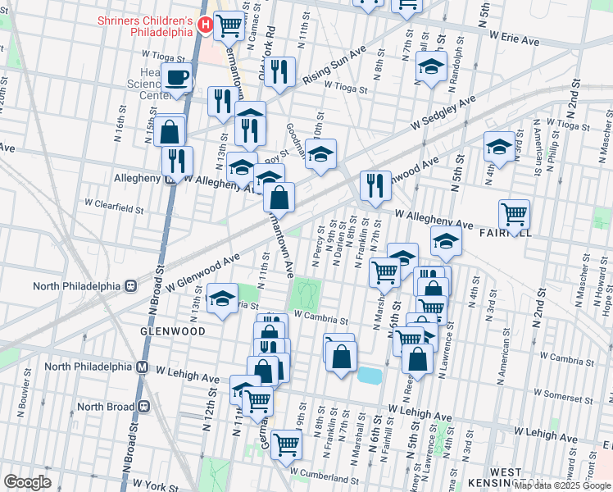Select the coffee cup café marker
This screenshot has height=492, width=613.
tap(176, 79)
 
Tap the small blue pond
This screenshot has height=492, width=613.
tap(369, 376)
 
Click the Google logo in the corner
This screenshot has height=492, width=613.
tap(27, 482)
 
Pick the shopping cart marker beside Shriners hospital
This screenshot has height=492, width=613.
tap(230, 25)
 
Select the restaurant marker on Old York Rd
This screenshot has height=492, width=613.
tap(279, 72)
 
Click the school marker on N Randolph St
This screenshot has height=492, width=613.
tap(430, 66)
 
